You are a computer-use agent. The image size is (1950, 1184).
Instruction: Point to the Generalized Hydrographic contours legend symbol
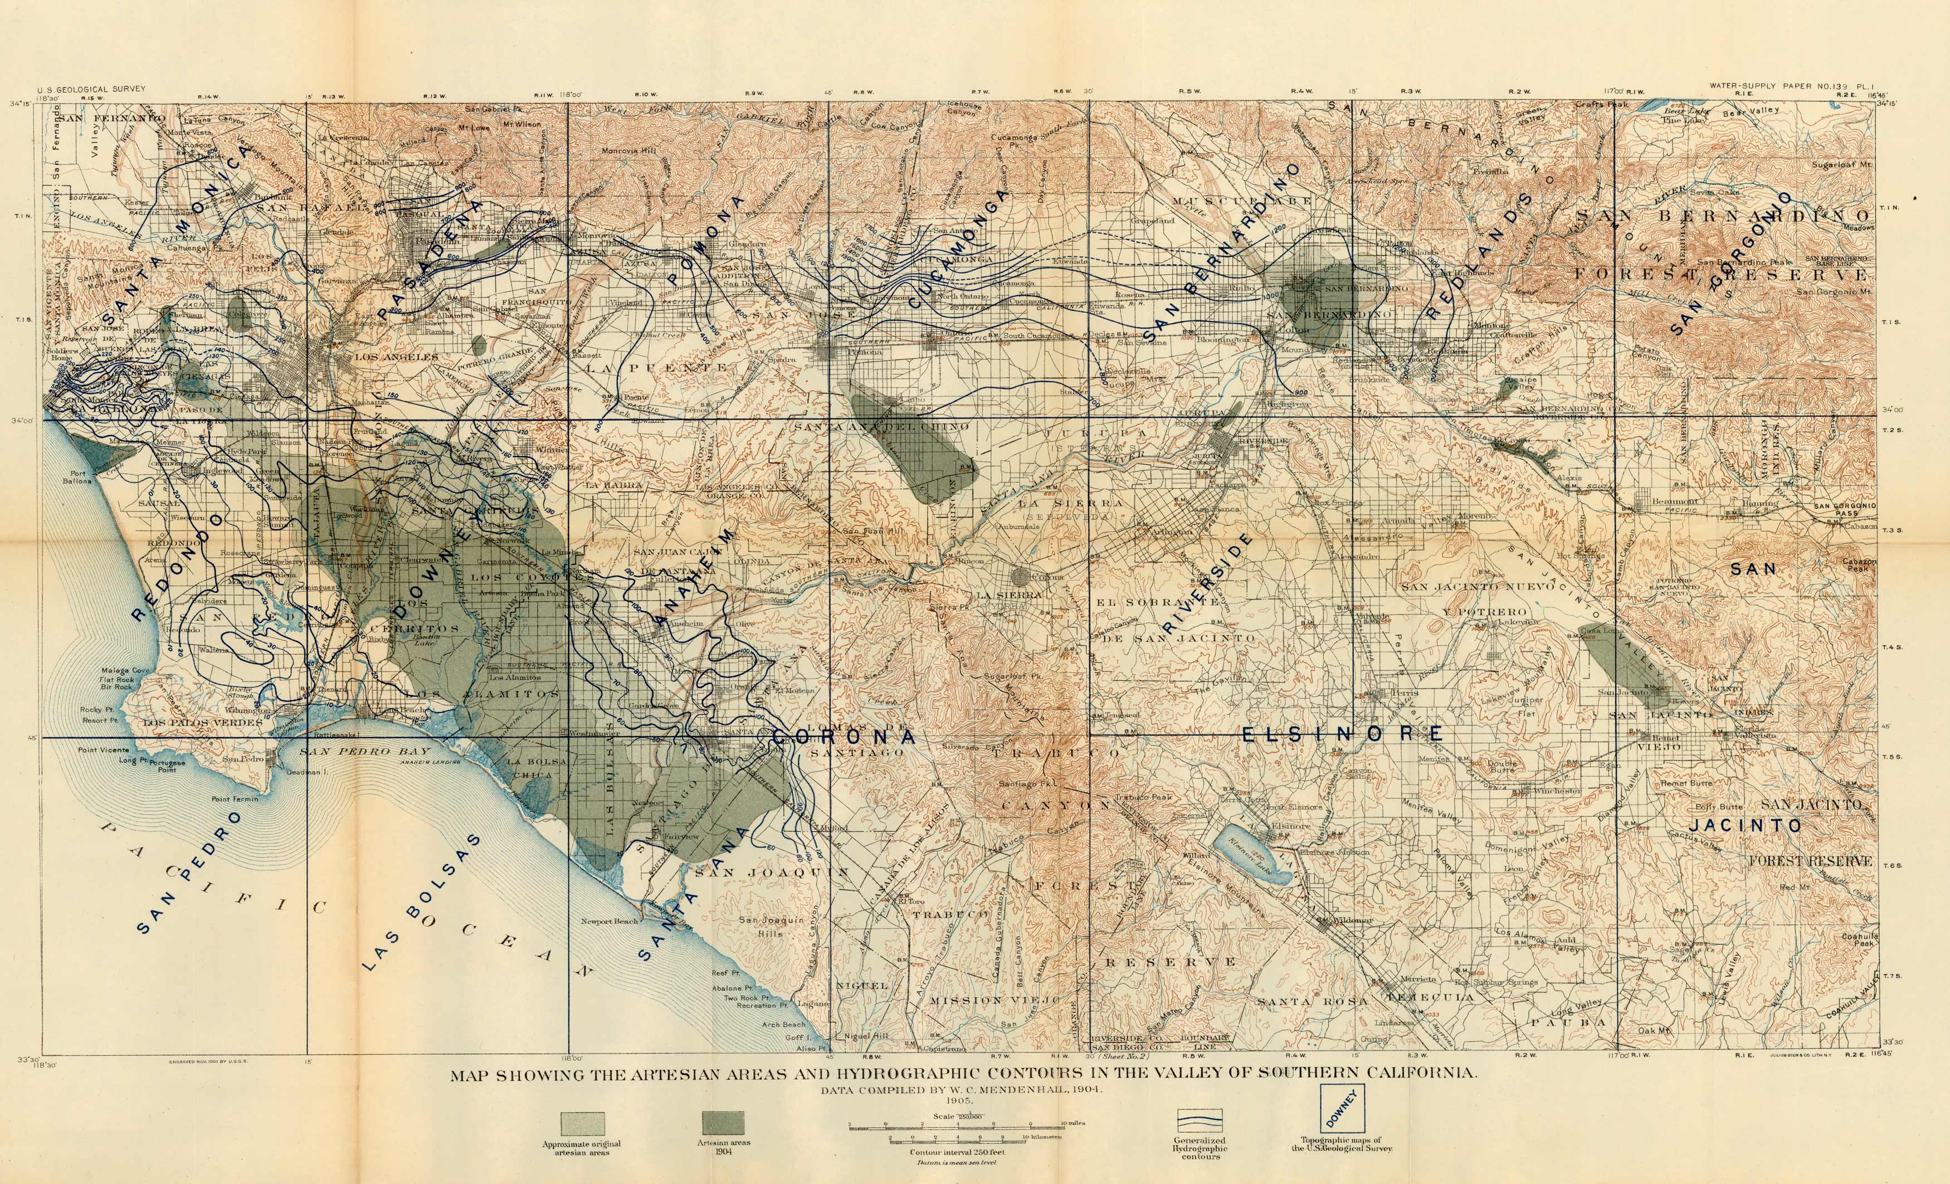pos(1200,1122)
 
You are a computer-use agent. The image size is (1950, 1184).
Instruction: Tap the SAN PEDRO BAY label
pos(365,751)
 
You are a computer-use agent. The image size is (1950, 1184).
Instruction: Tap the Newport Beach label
pos(610,921)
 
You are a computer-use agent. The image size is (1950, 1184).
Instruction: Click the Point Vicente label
pos(104,749)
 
